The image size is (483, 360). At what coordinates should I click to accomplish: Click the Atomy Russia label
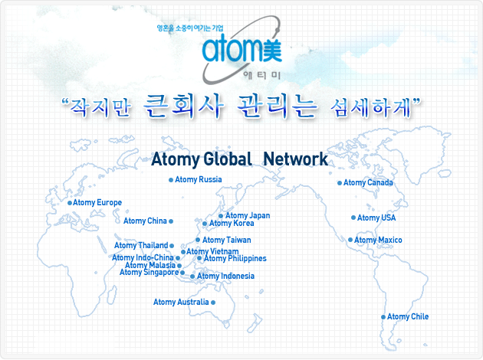point(199,180)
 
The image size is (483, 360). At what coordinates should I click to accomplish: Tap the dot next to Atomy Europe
point(70,203)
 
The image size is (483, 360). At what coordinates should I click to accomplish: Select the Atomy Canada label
point(368,183)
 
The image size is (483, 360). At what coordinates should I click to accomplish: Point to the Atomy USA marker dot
point(353,218)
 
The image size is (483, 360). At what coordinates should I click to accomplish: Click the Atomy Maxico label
point(378,240)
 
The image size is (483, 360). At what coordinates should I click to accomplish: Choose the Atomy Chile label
point(408,316)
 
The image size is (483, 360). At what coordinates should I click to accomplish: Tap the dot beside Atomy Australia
point(213,303)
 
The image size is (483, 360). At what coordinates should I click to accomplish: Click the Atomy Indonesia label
point(226,277)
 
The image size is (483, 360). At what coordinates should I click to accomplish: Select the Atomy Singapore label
point(149,273)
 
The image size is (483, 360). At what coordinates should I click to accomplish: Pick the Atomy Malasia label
point(150,265)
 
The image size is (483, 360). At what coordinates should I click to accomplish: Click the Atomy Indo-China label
point(143,257)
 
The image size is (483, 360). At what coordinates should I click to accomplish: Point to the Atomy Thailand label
point(141,246)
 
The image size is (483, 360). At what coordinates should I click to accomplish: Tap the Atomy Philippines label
point(235,258)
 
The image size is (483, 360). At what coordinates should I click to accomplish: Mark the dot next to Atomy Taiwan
point(198,240)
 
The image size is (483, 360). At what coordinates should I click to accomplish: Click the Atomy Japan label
point(248,216)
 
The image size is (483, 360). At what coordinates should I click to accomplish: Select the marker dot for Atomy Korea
point(205,224)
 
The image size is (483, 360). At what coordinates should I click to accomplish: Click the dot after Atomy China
point(171,221)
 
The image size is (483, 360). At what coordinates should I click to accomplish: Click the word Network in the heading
point(296,159)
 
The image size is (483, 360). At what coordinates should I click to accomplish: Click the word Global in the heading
point(228,159)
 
